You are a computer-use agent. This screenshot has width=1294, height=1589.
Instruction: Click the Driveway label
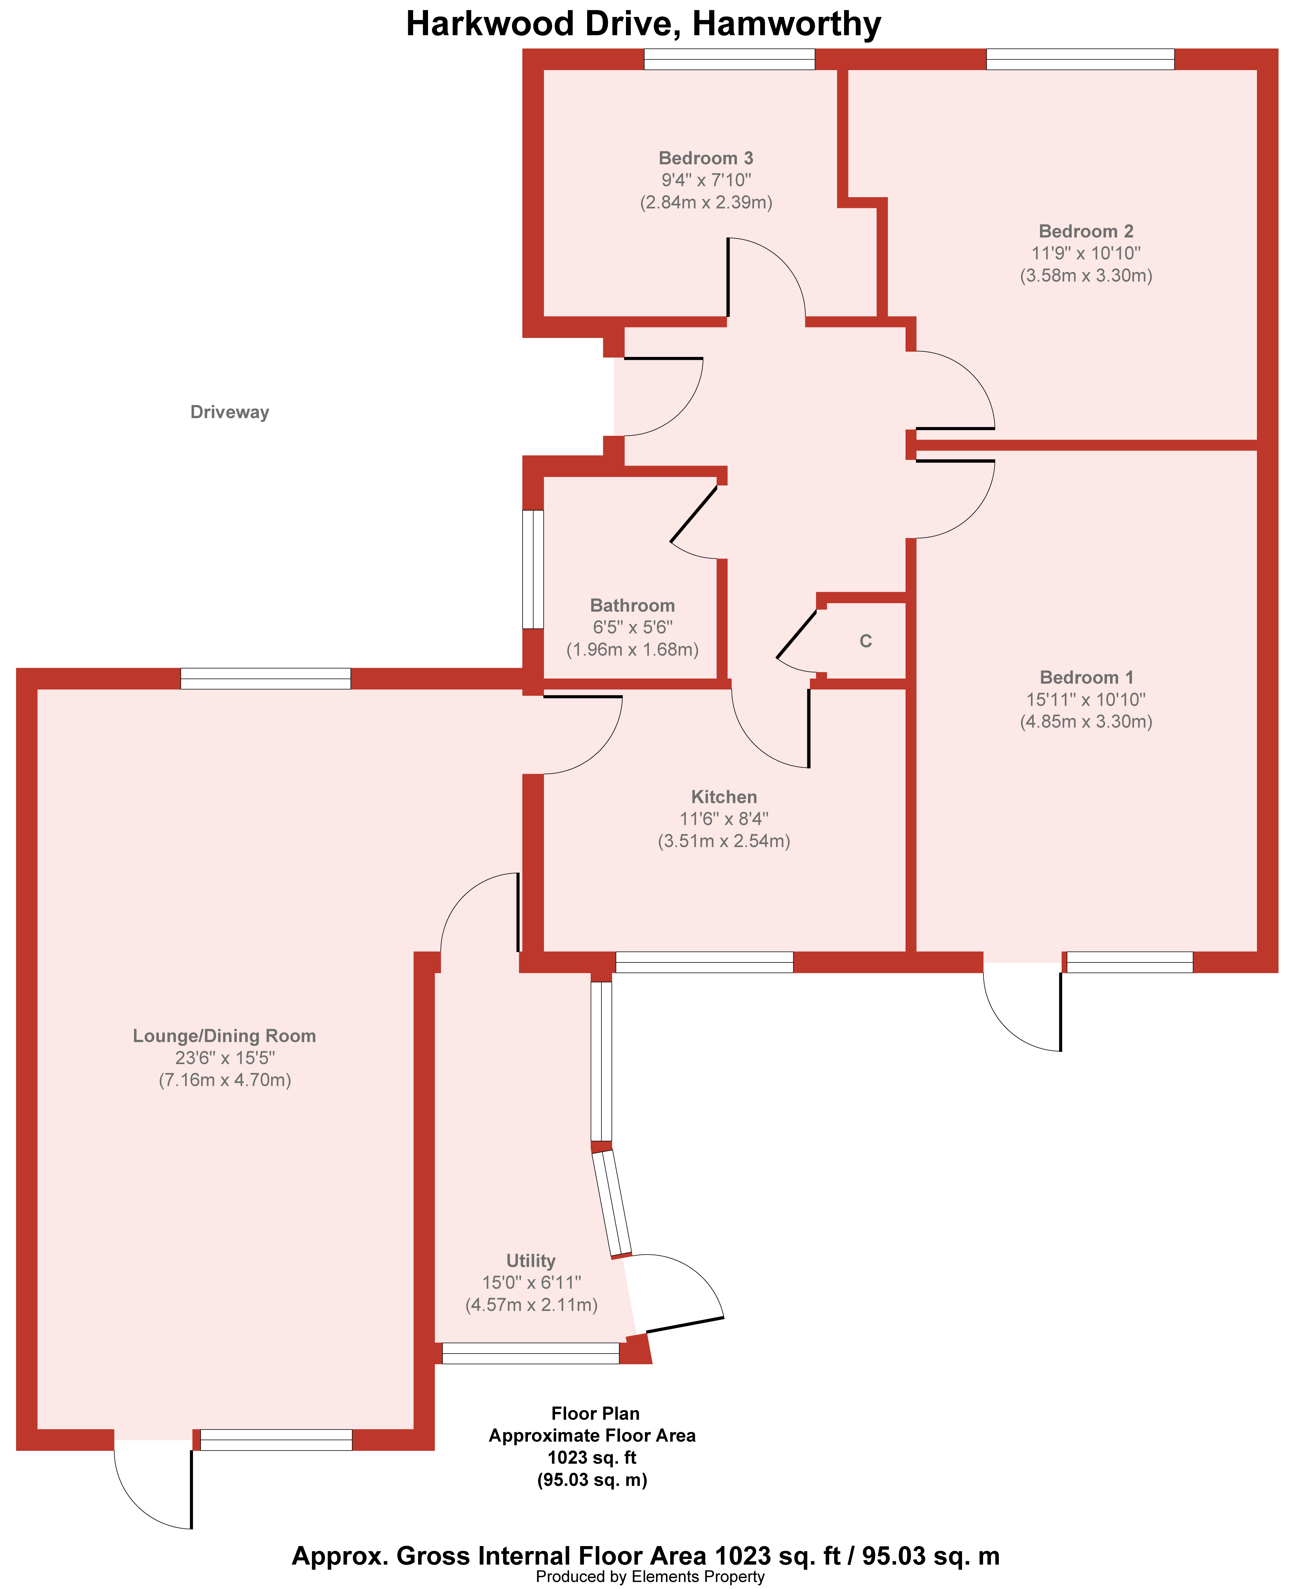[x=229, y=412]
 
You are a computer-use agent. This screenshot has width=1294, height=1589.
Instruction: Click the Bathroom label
[x=632, y=606]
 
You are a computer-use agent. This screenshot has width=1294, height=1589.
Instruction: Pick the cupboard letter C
[x=865, y=641]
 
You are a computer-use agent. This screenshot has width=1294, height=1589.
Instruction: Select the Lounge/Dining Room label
[x=224, y=1036]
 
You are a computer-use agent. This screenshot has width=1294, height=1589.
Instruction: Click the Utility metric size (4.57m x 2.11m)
[x=531, y=1305]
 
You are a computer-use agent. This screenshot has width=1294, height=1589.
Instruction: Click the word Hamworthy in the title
[x=786, y=24]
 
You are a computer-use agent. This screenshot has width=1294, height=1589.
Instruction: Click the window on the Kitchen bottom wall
[x=705, y=962]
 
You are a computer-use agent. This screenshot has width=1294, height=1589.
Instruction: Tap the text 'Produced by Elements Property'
[x=650, y=1576]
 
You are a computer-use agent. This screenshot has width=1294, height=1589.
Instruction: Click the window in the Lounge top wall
[x=265, y=679]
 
